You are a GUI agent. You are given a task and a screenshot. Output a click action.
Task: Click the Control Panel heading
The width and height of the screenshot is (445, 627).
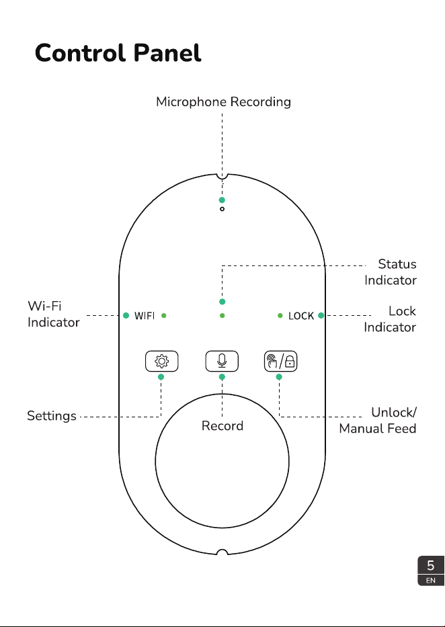[118, 53]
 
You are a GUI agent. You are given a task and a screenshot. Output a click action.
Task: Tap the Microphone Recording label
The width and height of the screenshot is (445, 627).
[223, 102]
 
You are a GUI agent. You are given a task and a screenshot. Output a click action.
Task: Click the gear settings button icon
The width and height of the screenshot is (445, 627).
[161, 361]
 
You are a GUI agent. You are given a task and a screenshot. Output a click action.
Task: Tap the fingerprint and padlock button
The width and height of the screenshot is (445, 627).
[280, 361]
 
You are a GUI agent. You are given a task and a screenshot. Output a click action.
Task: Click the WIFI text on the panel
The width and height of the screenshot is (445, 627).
[145, 316]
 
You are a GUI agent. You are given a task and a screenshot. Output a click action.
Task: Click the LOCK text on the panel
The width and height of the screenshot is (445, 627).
[301, 316]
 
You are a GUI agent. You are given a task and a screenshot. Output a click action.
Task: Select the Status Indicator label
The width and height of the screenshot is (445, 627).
[391, 272]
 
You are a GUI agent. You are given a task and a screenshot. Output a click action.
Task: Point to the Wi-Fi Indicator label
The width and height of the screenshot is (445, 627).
[54, 314]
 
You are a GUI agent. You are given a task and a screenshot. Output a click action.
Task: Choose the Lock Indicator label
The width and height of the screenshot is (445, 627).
[390, 319]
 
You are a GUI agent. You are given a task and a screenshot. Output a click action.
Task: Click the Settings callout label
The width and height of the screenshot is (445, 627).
[52, 416]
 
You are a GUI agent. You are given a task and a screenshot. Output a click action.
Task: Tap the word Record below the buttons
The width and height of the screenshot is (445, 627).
[222, 426]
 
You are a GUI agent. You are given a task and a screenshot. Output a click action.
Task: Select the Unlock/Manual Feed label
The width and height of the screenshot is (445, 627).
[378, 420]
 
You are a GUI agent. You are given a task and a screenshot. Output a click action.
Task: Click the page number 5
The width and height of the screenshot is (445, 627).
[431, 565]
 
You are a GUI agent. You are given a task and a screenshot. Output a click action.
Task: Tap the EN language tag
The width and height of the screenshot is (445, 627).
[431, 581]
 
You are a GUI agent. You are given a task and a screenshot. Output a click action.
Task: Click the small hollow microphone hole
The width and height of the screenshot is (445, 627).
[222, 209]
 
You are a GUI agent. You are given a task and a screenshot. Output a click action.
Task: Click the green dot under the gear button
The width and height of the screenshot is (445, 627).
[161, 377]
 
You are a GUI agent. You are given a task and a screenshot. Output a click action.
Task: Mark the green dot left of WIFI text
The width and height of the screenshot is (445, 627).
[126, 315]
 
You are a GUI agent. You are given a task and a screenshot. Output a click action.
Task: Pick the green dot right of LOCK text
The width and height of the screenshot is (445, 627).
[321, 315]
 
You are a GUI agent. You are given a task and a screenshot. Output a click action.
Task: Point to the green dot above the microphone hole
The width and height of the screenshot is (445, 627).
[222, 200]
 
